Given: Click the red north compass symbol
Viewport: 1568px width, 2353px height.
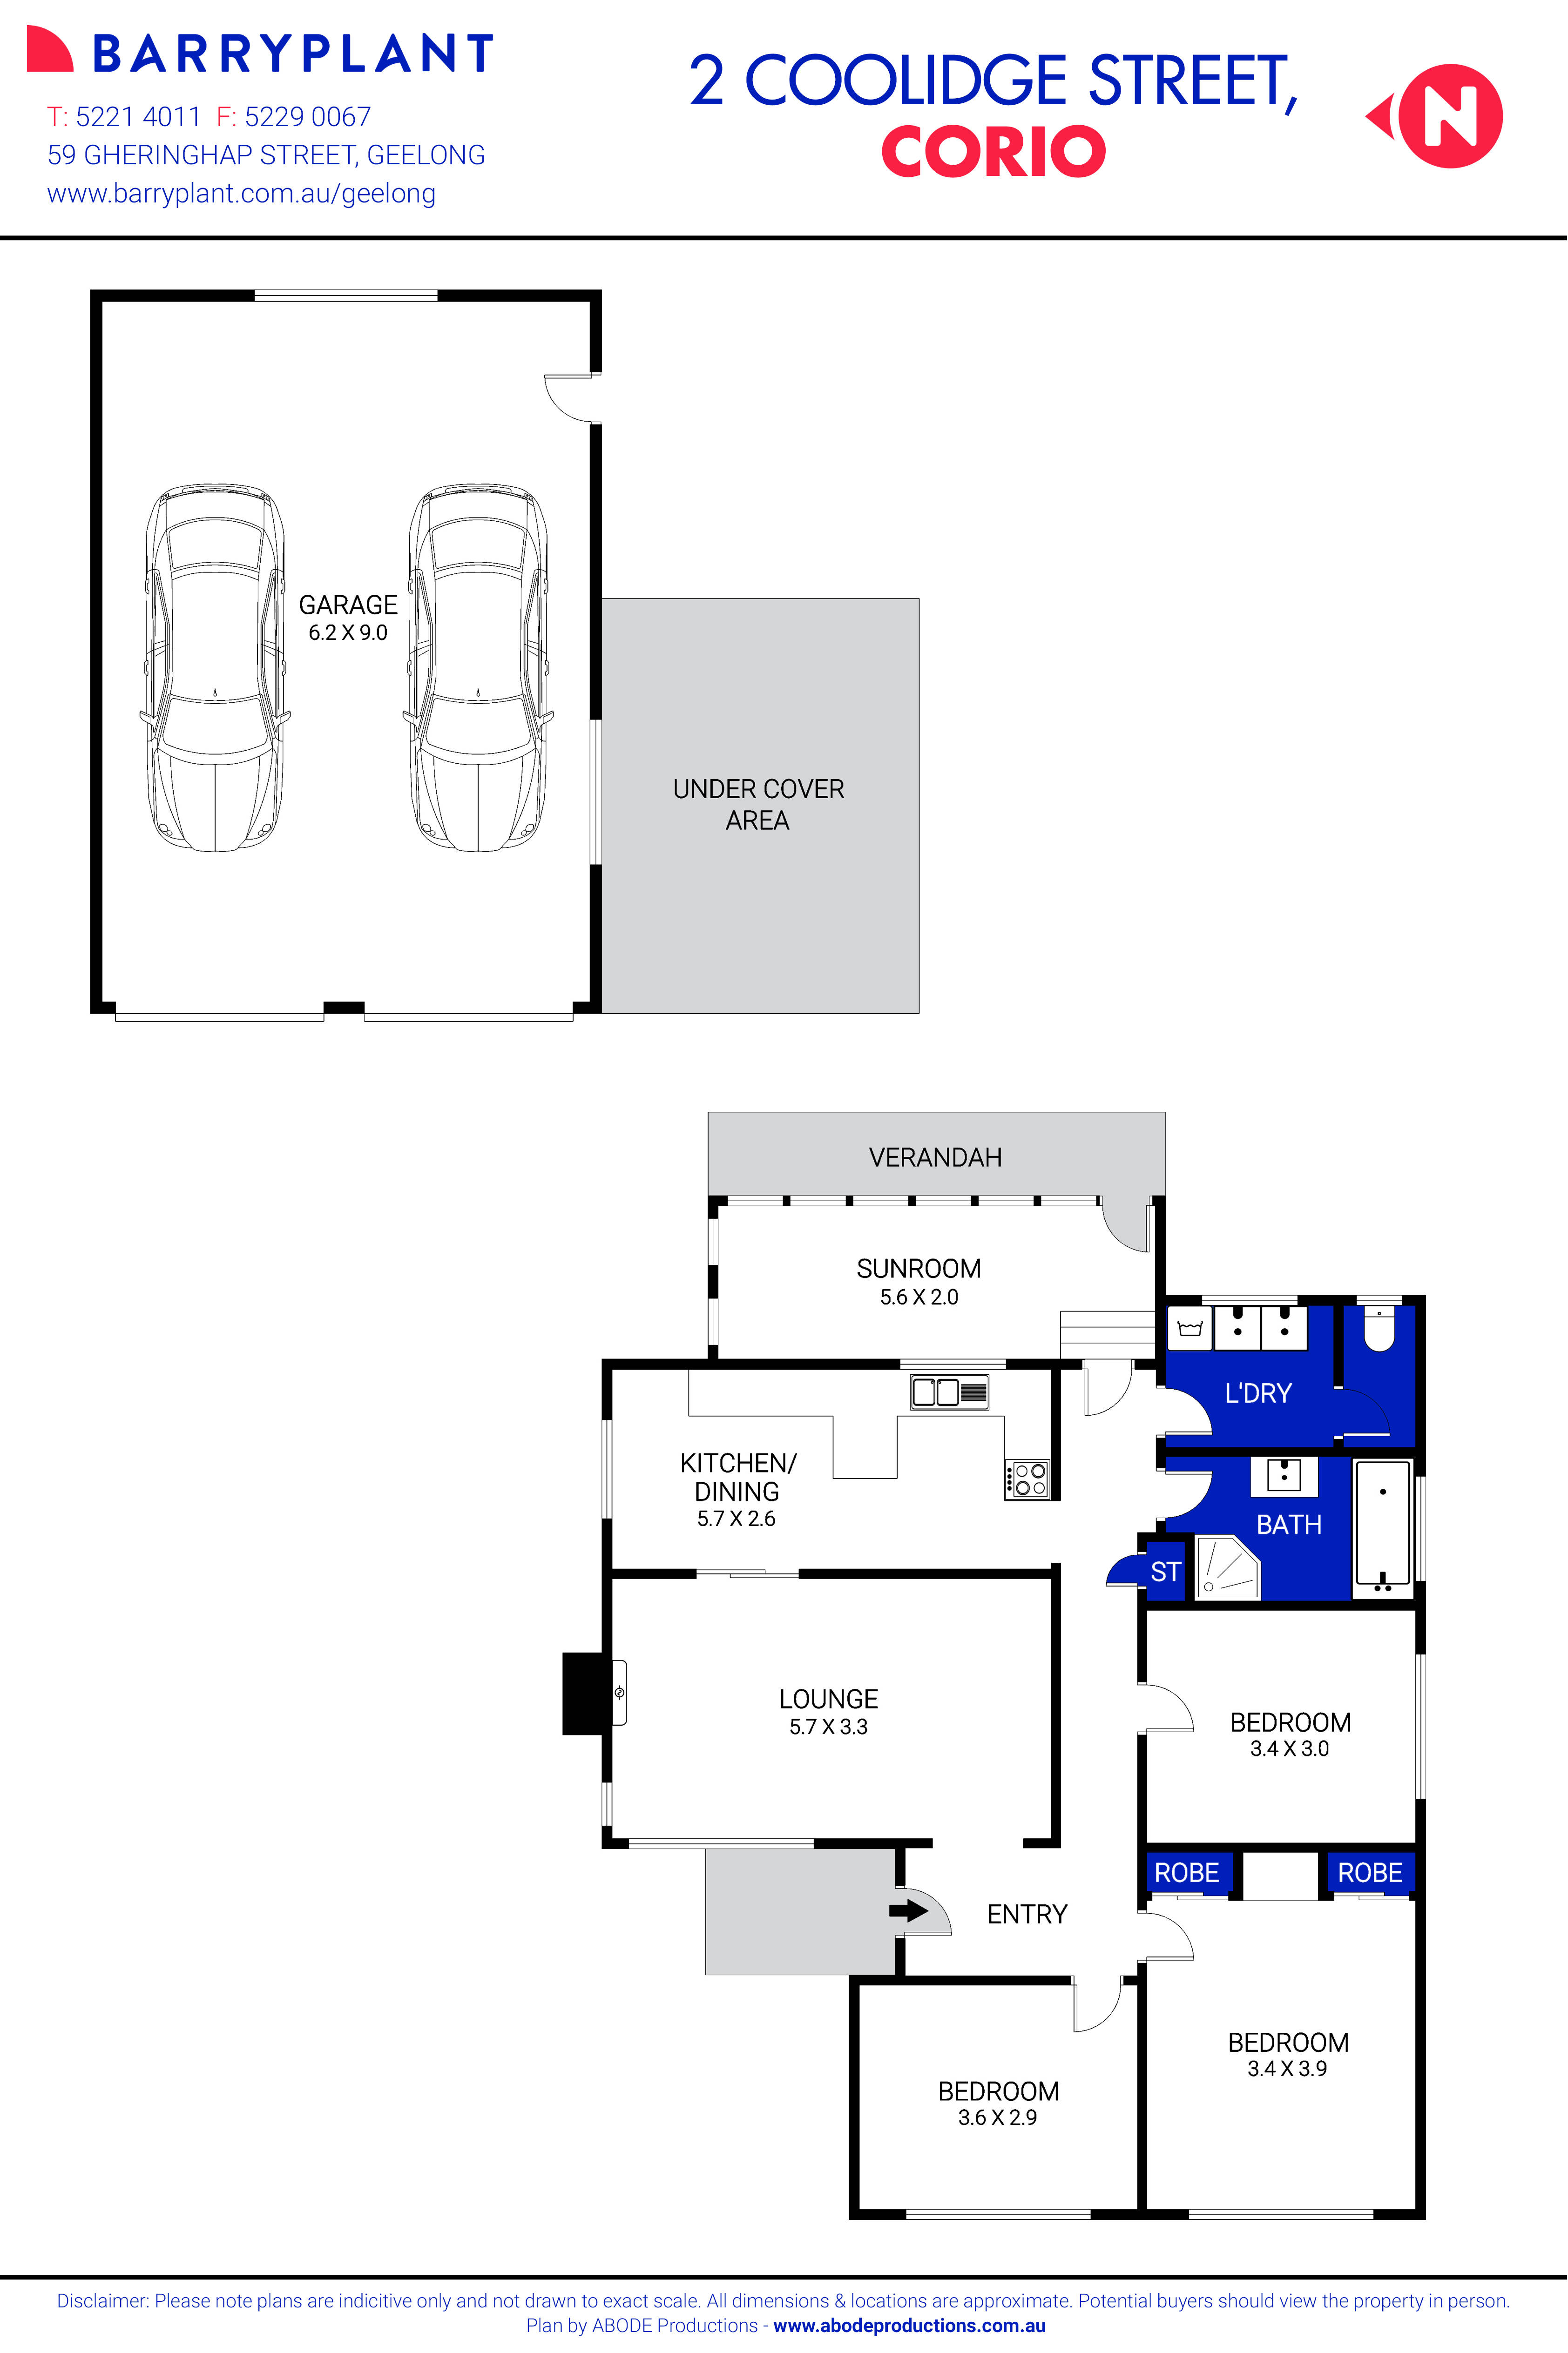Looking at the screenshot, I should pos(1448,116).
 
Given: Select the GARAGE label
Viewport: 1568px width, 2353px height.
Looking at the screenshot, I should pos(348,605).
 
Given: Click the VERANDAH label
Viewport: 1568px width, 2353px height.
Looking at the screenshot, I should pos(935,1157).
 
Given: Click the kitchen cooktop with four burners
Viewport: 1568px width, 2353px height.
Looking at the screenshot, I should pos(1027,1479).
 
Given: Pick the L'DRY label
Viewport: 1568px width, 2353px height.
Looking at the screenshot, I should pos(1258,1393).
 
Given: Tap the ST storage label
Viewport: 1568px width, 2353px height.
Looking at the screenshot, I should pos(1165,1573).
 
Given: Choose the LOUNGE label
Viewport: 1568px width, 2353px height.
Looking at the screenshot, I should pos(828,1699).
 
